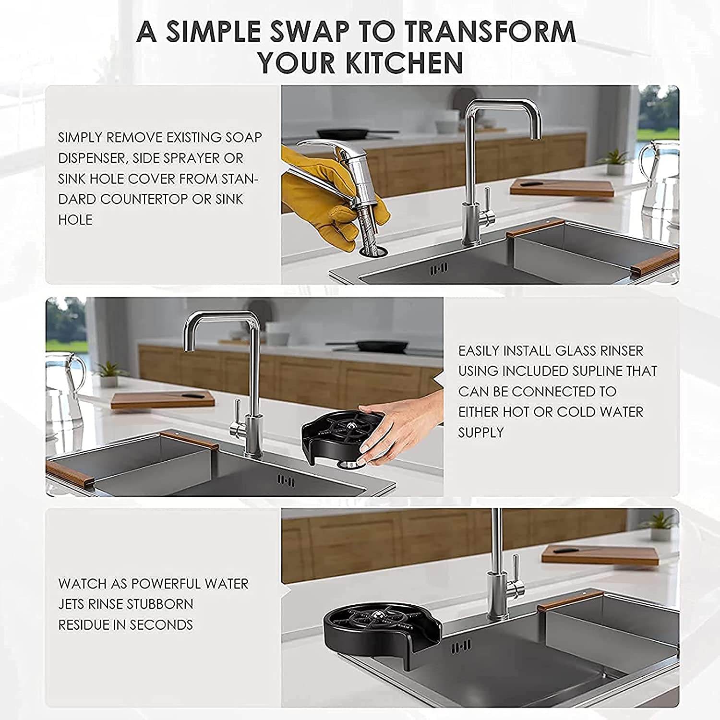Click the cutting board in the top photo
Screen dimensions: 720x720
pos(562,187)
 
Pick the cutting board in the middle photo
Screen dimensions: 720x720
pos(162,400)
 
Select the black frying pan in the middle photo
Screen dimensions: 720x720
pos(379,345)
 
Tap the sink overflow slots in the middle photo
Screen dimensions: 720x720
pos(286,480)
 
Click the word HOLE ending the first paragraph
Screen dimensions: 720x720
pos(75,220)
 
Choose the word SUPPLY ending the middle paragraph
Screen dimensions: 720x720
pos(481,432)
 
